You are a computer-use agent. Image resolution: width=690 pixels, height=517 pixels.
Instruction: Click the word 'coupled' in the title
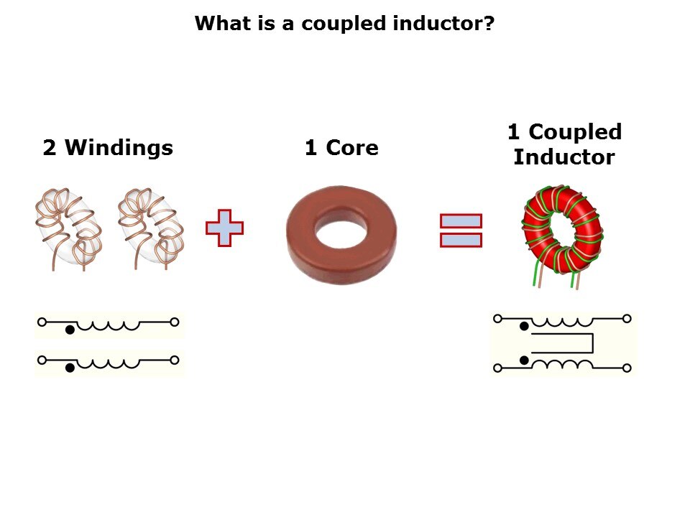click(344, 24)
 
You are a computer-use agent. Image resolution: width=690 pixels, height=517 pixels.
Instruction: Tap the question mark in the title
click(489, 22)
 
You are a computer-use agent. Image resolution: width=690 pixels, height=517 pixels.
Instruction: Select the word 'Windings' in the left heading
click(119, 148)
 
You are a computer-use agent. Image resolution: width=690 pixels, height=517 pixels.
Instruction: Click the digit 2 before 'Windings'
click(50, 147)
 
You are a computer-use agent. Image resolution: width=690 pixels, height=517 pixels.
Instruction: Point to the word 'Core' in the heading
click(351, 148)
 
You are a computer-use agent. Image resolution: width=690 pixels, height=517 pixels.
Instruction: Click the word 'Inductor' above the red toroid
click(564, 157)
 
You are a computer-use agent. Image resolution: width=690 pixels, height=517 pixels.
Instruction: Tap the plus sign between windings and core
click(224, 228)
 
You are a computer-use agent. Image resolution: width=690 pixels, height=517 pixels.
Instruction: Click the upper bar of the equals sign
click(461, 220)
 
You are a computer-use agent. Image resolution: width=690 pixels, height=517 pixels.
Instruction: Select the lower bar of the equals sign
click(461, 240)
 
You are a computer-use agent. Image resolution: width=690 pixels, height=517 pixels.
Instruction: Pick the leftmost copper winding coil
click(69, 228)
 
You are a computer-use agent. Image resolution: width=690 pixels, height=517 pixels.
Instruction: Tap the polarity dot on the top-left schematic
click(70, 330)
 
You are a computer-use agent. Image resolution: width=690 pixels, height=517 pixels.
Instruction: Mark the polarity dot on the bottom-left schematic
click(70, 368)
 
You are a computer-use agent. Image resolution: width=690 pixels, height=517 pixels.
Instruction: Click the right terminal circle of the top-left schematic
click(174, 322)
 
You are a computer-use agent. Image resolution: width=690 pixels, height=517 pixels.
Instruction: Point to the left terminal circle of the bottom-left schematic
click(42, 360)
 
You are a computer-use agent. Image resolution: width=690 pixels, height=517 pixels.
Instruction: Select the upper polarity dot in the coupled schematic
click(524, 326)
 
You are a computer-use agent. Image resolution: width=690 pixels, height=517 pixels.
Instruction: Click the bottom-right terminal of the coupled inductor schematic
click(627, 368)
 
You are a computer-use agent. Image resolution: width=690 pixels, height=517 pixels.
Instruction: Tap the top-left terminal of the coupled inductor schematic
click(497, 319)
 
